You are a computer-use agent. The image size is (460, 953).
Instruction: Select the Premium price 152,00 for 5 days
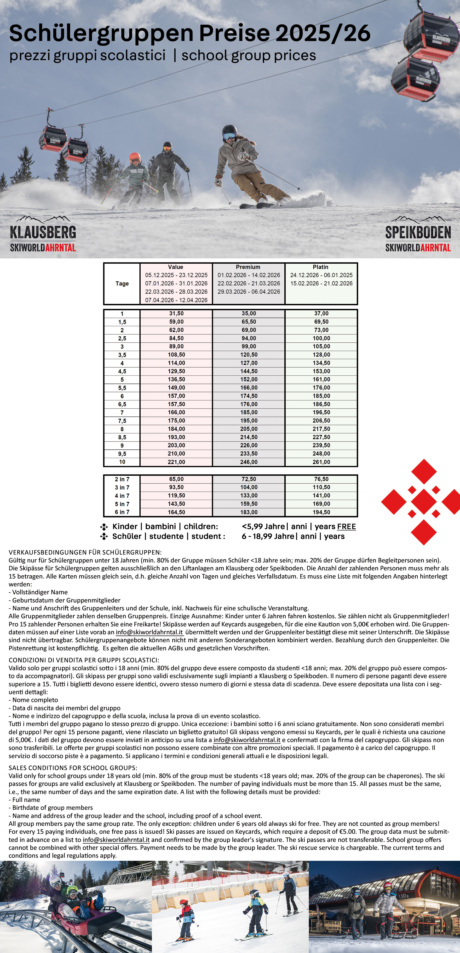249,380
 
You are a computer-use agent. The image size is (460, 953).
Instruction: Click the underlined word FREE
346,527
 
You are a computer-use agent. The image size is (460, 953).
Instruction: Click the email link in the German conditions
149,632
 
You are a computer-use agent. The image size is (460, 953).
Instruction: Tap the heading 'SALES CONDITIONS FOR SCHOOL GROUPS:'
73,768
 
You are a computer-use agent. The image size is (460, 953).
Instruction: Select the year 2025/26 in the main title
323,33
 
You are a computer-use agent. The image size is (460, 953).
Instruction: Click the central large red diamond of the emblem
424,502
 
